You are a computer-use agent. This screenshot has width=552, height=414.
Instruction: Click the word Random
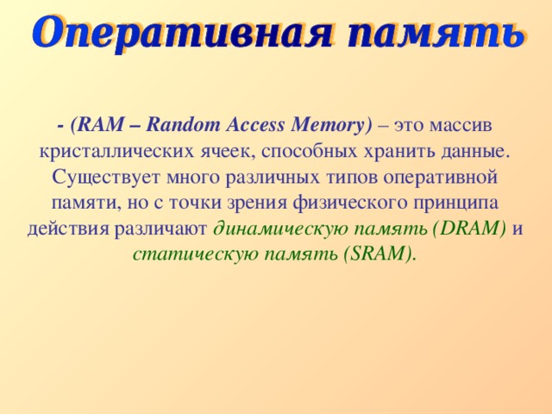point(182,125)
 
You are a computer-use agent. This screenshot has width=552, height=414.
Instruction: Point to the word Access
point(254,125)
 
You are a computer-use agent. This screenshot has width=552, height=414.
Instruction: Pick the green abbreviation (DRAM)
point(464,229)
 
